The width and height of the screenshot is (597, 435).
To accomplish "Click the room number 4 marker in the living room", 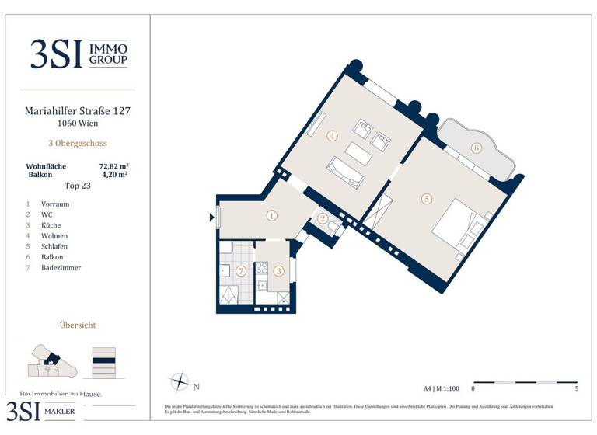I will tap(332, 136).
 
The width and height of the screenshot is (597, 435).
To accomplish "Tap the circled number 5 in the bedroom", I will tap(426, 199).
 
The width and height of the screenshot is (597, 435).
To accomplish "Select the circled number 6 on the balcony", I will tap(476, 148).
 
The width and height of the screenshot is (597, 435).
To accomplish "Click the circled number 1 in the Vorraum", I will tap(271, 216).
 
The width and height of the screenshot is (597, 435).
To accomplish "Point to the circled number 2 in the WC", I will tap(323, 218).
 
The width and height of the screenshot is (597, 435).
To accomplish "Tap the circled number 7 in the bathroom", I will tap(241, 270).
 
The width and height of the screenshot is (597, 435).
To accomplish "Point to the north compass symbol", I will tap(180, 382).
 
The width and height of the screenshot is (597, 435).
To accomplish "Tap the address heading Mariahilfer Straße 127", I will tap(78, 111).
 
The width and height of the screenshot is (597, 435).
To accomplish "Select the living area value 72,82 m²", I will tap(113, 166).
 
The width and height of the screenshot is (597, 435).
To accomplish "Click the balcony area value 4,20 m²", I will tap(113, 176).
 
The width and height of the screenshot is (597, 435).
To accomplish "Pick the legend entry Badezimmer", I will tap(61, 268).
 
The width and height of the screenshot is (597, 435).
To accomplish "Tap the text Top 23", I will tap(78, 186).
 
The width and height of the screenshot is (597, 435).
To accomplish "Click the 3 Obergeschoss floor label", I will tap(78, 143).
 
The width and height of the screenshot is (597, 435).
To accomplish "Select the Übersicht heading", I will tap(78, 325).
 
